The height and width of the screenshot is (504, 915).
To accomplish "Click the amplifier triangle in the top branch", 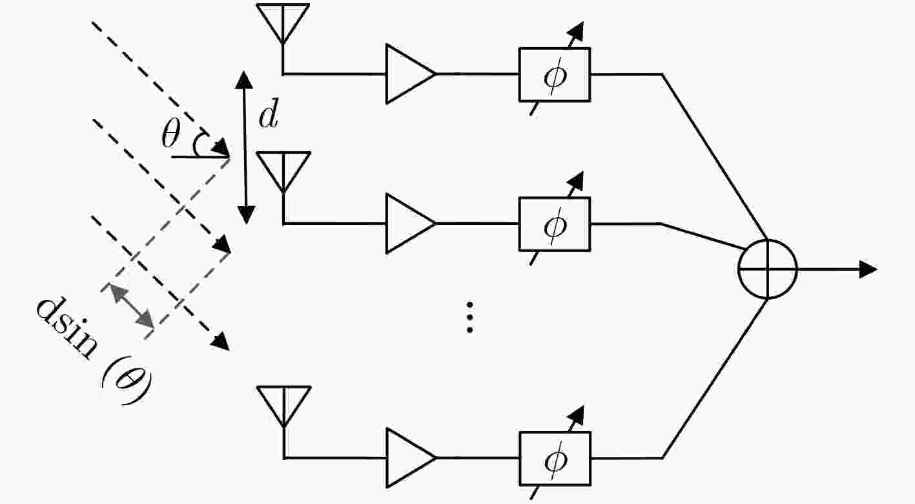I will point(407,74).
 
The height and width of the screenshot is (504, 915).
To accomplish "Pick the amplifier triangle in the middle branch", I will point(407,224).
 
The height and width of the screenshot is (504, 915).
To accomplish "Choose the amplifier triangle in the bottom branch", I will point(407,457).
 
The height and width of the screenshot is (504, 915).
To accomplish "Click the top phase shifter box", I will point(554,74).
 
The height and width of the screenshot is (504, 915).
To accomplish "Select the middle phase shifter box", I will point(554,224).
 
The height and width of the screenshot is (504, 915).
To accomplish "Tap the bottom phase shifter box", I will point(554,458).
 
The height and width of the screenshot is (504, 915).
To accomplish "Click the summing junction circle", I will point(767,269).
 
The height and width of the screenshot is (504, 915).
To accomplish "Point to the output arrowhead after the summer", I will point(869,269).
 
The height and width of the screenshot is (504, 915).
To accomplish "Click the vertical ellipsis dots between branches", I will point(470,317).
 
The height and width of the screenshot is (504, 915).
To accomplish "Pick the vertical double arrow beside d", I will point(244,147).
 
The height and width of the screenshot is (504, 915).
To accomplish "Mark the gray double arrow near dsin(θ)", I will point(132,304).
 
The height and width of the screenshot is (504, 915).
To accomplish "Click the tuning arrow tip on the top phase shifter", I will point(577,28).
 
